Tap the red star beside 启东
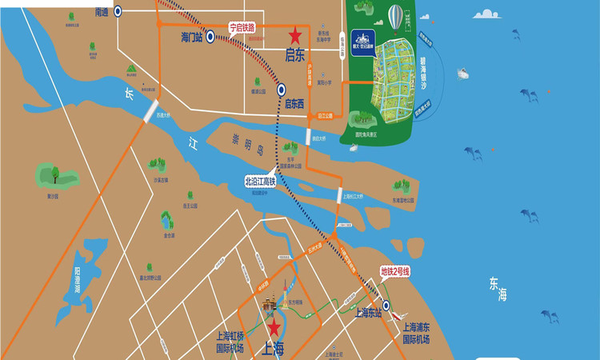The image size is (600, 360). point(295,35)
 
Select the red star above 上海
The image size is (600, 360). point(274,327)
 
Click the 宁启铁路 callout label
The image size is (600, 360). point(242,27)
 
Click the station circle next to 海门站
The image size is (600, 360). point(210,36)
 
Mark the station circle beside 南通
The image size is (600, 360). point(118,10)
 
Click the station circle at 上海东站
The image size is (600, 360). point(386,305)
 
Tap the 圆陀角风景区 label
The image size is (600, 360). point(369,135)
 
